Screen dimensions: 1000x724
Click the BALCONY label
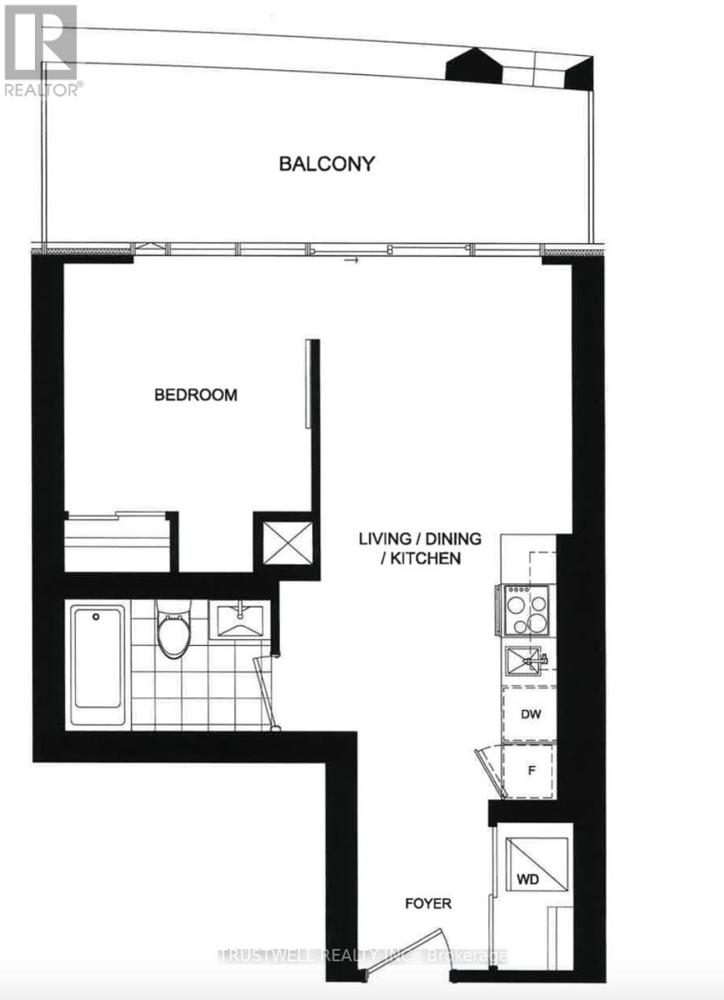[x=326, y=163]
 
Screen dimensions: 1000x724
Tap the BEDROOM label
[x=196, y=395]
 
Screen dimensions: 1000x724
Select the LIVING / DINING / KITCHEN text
[x=420, y=548]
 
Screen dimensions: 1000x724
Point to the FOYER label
[x=428, y=903]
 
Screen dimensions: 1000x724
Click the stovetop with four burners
[x=524, y=609]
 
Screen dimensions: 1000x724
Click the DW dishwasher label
[x=527, y=714]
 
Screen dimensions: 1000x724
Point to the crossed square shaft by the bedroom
[x=287, y=542]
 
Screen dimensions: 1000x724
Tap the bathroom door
[x=266, y=690]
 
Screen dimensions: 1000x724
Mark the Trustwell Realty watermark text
[x=362, y=956]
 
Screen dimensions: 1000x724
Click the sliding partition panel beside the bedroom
[x=308, y=383]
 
